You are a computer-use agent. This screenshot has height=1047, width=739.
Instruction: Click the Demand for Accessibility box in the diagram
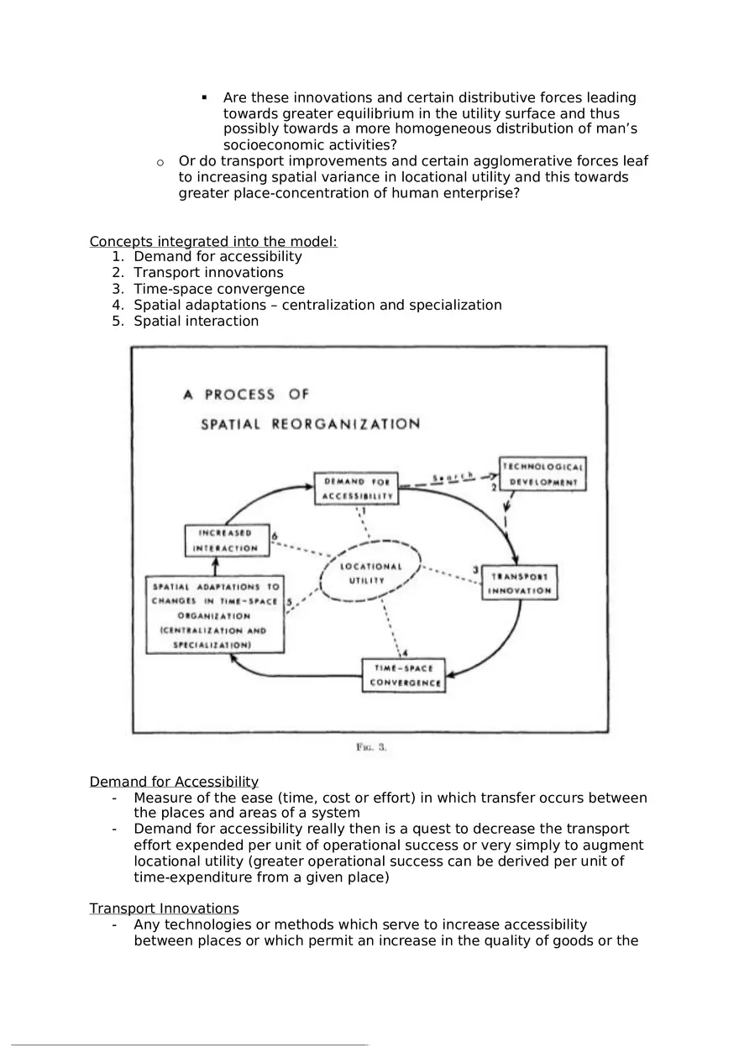[356, 489]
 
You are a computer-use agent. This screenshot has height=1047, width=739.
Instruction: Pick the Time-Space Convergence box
[404, 675]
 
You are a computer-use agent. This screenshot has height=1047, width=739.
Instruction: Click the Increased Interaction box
[226, 541]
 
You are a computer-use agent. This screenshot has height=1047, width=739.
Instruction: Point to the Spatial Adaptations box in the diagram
[215, 615]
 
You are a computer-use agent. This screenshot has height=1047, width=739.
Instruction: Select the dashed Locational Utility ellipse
[370, 573]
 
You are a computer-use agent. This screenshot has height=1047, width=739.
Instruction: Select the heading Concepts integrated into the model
[213, 242]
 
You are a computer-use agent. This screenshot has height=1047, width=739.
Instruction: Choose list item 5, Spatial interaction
[196, 321]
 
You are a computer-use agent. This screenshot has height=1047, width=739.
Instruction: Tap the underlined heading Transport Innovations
[164, 908]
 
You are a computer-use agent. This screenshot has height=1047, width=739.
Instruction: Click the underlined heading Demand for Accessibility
[174, 782]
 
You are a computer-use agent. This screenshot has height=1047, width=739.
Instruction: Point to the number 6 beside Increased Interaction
[275, 535]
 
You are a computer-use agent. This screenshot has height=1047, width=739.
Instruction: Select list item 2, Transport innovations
[208, 273]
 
